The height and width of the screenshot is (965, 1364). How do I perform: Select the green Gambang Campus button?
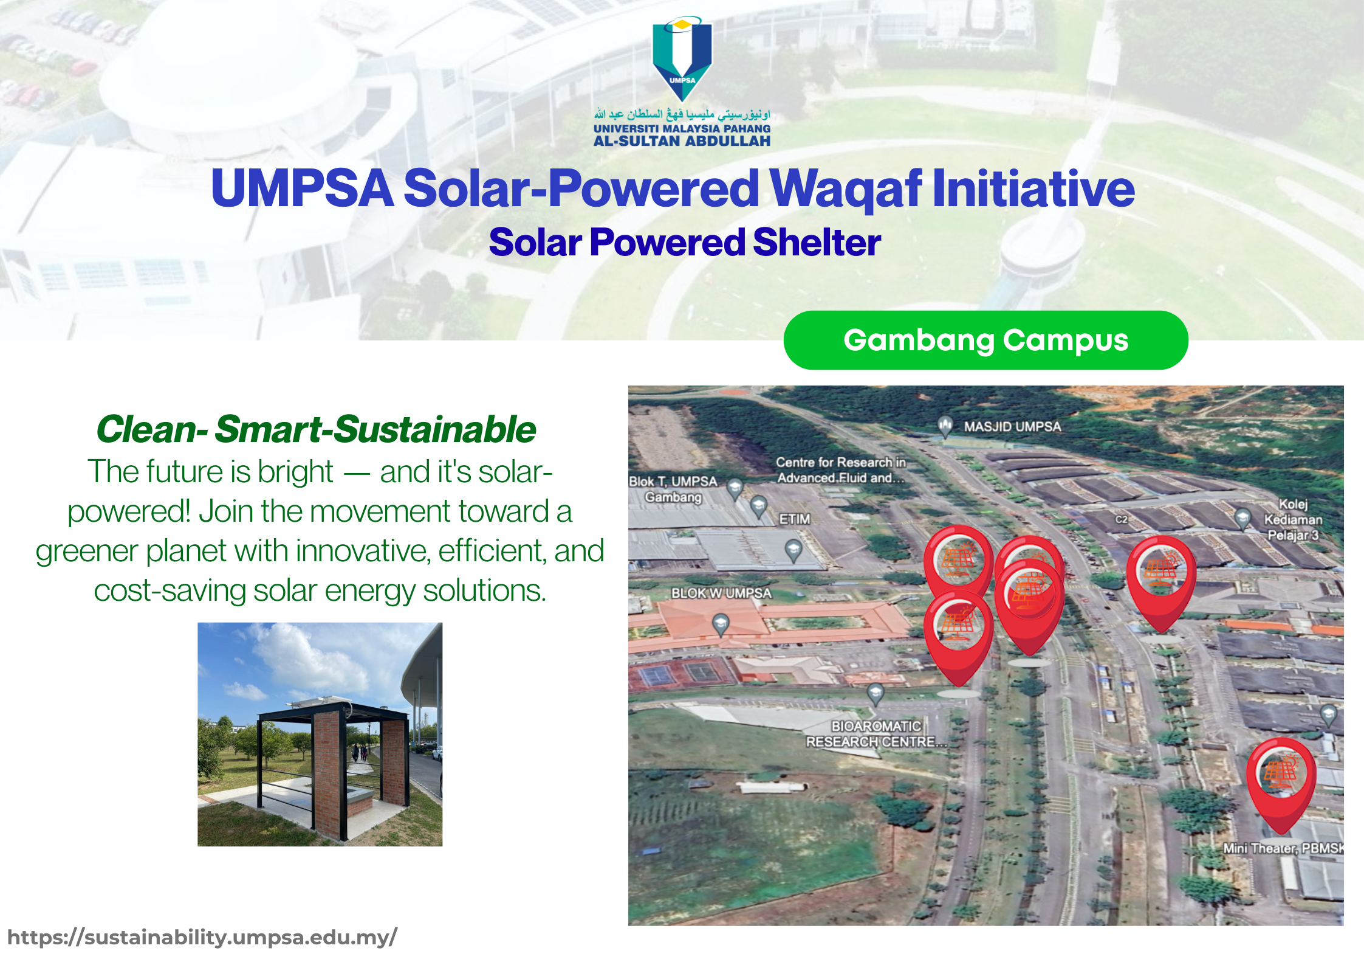click(985, 340)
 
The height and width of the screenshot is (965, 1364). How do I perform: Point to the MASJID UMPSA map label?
click(1012, 427)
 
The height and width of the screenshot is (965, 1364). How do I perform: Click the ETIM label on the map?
click(795, 519)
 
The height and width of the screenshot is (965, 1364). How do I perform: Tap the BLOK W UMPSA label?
click(721, 593)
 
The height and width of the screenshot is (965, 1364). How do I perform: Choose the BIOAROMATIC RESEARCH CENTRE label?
click(876, 734)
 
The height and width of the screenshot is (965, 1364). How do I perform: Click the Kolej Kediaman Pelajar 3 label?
click(1293, 519)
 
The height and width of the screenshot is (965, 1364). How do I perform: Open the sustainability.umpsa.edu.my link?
click(202, 938)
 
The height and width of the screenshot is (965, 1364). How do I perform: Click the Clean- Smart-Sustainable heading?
click(316, 429)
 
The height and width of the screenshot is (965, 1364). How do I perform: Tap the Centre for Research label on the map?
click(841, 470)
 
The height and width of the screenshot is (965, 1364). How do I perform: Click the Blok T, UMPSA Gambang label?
click(673, 489)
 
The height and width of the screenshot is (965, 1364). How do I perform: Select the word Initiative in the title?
click(1033, 189)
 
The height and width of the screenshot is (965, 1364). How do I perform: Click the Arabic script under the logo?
click(682, 114)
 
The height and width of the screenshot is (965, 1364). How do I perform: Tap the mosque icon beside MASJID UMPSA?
click(945, 426)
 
